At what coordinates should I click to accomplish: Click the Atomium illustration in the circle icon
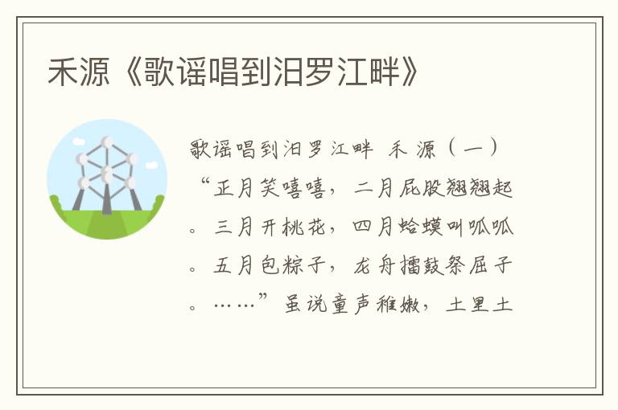click(107, 178)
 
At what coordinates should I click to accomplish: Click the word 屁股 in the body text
click(431, 189)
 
